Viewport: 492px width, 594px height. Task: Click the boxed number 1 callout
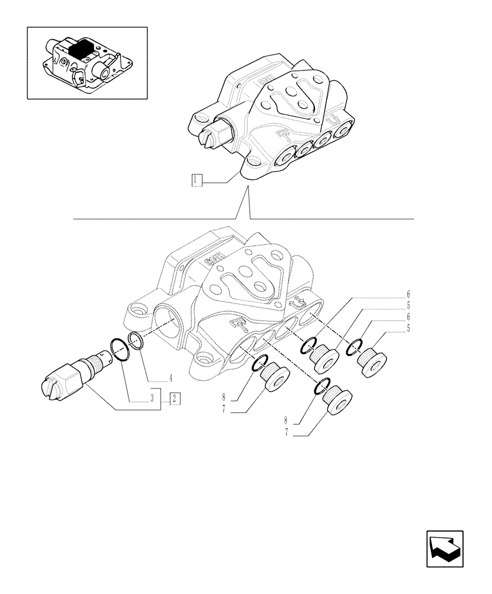197,179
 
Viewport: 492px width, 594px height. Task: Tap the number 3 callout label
153,399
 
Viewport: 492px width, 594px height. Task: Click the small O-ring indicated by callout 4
136,340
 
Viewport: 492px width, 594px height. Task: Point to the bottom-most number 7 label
286,434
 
